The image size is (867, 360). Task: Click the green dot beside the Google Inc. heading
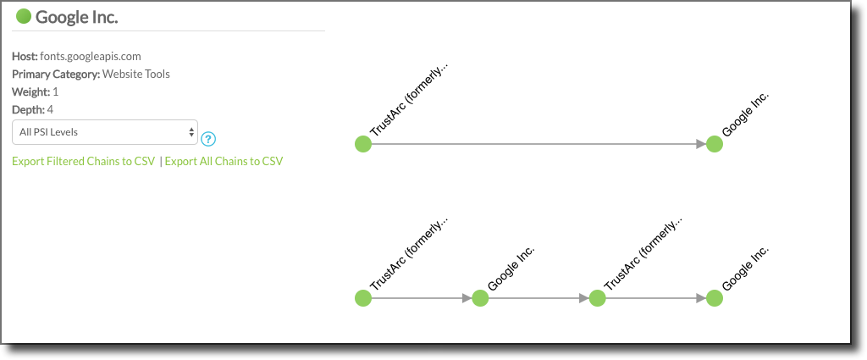tap(24, 17)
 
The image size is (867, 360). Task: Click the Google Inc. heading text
tap(77, 17)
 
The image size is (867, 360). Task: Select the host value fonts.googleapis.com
tap(91, 57)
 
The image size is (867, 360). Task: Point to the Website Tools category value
tap(136, 74)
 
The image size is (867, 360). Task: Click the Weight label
tap(31, 91)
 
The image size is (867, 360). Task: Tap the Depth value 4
tap(50, 109)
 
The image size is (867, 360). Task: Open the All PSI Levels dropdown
tap(104, 133)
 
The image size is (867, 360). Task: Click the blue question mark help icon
tap(208, 139)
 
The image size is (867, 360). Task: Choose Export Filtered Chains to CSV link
tap(84, 162)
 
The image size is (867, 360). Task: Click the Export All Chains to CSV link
tap(224, 162)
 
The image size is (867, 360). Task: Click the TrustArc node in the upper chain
tap(362, 144)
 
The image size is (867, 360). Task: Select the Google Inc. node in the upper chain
tap(715, 144)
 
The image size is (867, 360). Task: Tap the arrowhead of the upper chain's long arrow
tap(701, 144)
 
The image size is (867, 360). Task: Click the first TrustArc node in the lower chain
tap(362, 298)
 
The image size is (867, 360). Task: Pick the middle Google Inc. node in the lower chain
tap(480, 298)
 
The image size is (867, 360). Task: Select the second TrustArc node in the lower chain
tap(597, 298)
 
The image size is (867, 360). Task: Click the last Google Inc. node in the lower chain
tap(715, 298)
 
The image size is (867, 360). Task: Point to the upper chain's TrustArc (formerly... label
tap(410, 101)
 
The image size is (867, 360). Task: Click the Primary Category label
tap(56, 74)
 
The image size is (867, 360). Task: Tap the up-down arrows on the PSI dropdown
tap(191, 133)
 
